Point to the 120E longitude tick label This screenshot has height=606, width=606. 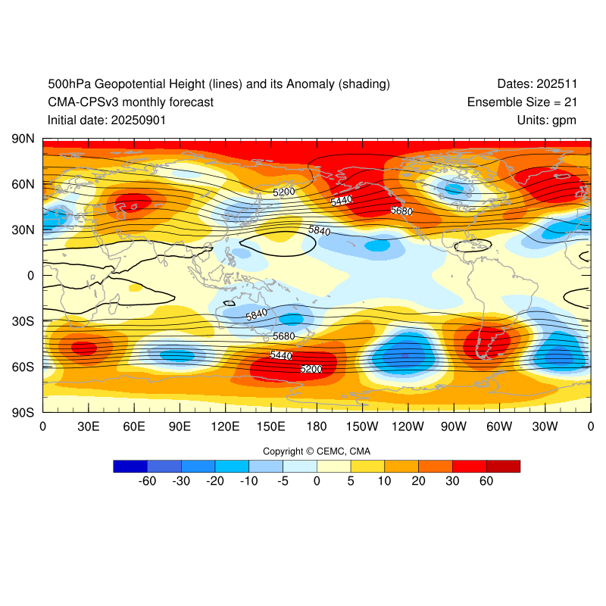[x=225, y=426]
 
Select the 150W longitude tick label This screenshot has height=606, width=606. [x=361, y=426]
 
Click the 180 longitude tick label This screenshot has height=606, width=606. [x=317, y=426]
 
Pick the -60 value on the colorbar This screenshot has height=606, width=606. [x=147, y=481]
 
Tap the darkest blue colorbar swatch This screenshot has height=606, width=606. [x=130, y=466]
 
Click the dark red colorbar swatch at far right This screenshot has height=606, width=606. [x=503, y=466]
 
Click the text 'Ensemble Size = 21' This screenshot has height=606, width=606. [x=522, y=102]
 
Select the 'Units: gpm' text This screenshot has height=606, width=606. [x=547, y=120]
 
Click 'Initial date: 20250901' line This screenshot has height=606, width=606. [x=107, y=120]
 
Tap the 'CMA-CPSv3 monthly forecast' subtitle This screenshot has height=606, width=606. [x=130, y=102]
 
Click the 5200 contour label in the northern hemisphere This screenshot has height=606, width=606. [x=284, y=192]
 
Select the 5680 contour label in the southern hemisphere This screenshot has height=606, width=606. [x=284, y=336]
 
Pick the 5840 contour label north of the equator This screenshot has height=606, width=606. [x=319, y=230]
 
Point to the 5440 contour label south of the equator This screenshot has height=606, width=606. [x=281, y=355]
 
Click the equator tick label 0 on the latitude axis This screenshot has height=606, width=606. [x=31, y=276]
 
